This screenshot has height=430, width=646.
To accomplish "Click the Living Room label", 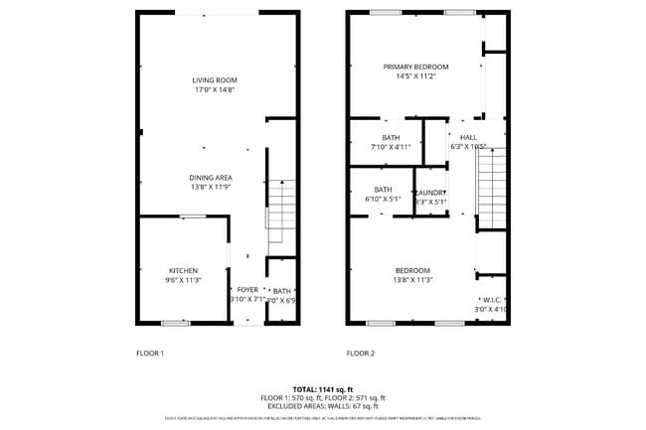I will pos(215,80).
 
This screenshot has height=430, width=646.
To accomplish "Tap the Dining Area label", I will pos(211,177).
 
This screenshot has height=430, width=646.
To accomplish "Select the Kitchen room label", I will pos(183,270).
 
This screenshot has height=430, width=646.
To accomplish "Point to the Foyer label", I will pos(246,289).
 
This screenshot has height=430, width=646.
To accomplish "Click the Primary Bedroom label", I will pos(416,68).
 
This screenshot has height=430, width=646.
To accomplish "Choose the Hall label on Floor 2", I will pos(468,137).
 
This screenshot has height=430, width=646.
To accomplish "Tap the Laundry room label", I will pos(430,193).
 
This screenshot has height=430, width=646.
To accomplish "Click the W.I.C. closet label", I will pos(492,299).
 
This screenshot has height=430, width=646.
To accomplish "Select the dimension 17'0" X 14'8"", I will pos(215,90).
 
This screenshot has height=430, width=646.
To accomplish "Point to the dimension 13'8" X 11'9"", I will pos(211,187).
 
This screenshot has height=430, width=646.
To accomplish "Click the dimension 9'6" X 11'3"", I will pos(183,280).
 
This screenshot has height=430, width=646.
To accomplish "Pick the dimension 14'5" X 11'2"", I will pos(416,76).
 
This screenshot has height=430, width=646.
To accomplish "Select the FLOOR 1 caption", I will pos(149,353).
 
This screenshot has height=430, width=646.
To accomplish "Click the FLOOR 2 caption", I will pos(360,353).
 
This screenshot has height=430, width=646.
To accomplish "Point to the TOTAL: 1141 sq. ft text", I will pos(323,388).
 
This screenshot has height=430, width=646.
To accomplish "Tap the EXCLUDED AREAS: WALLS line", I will pos(323,405).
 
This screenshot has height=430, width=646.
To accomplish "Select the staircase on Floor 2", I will pos(492,189).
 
